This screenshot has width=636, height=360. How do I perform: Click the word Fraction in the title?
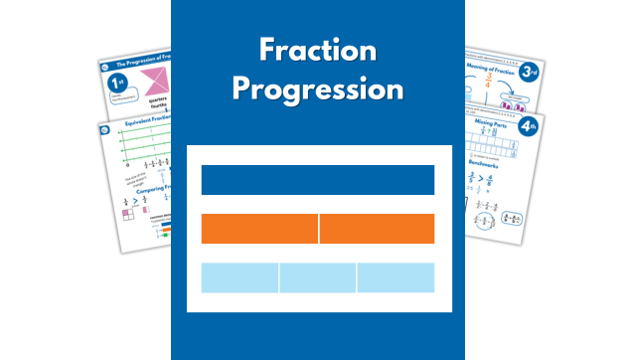(317, 50)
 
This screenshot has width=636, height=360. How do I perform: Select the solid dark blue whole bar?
(317, 180)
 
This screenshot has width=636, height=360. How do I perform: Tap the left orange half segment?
(259, 229)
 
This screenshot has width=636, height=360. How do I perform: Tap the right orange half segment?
(377, 229)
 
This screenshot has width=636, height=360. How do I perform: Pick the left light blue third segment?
(239, 277)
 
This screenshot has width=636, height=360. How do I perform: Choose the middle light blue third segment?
(318, 277)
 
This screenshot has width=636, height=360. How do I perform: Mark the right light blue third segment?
(396, 277)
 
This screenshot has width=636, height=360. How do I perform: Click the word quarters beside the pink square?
(156, 112)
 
